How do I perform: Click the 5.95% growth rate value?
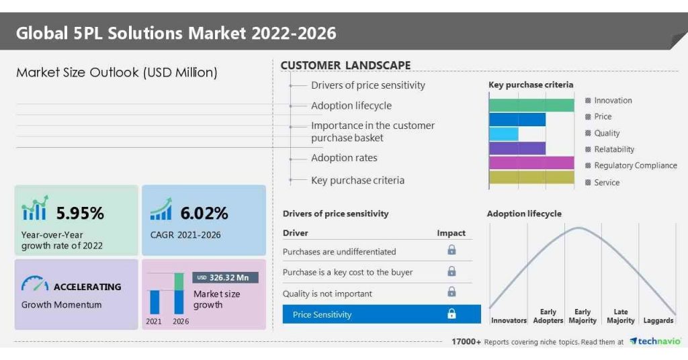pyautogui.click(x=80, y=214)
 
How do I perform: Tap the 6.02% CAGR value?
pyautogui.click(x=204, y=214)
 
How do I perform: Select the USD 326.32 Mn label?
pyautogui.click(x=226, y=277)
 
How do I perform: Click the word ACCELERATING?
pyautogui.click(x=87, y=287)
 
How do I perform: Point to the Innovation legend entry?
pyautogui.click(x=612, y=101)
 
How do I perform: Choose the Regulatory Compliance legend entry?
pyautogui.click(x=635, y=166)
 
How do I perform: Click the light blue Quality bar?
pyautogui.click(x=503, y=134)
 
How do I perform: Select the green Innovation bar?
pyautogui.click(x=531, y=105)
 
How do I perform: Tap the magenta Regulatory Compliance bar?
pyautogui.click(x=531, y=163)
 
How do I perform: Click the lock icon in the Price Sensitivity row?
pyautogui.click(x=451, y=314)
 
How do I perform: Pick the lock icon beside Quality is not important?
pyautogui.click(x=451, y=292)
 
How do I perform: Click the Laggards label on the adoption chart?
pyautogui.click(x=658, y=321)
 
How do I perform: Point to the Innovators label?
pyautogui.click(x=509, y=321)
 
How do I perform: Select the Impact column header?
pyautogui.click(x=451, y=233)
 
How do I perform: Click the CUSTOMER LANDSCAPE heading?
pyautogui.click(x=345, y=65)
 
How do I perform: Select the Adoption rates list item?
pyautogui.click(x=344, y=158)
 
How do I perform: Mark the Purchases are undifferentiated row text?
pyautogui.click(x=339, y=252)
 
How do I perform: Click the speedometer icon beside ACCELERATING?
pyautogui.click(x=34, y=285)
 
